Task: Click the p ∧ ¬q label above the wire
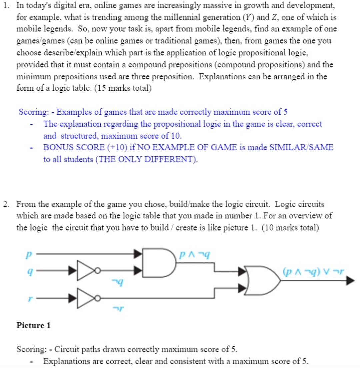[191, 255]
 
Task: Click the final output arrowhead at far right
[350, 281]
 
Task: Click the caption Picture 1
[33, 325]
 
